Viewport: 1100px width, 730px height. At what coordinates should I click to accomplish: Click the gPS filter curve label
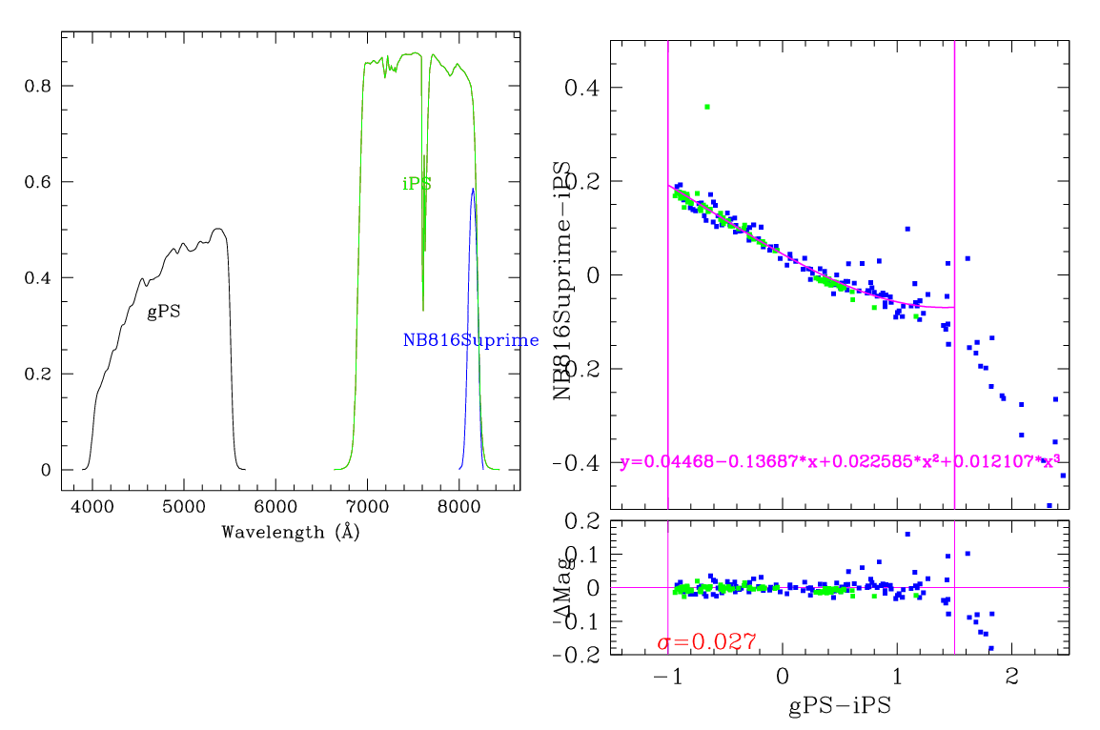pos(163,312)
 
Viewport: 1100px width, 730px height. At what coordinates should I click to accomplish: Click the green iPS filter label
pos(417,184)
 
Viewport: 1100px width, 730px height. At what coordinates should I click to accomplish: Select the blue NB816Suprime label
pos(471,340)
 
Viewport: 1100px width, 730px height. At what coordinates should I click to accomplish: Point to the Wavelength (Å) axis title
pos(290,532)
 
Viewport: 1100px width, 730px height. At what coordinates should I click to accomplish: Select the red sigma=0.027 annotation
pos(707,642)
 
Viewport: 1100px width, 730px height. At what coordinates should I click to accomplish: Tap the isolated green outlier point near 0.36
pos(706,107)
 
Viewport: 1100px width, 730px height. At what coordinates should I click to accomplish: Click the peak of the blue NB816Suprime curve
pos(473,189)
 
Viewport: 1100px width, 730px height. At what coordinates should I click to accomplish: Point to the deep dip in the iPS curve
pos(423,310)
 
